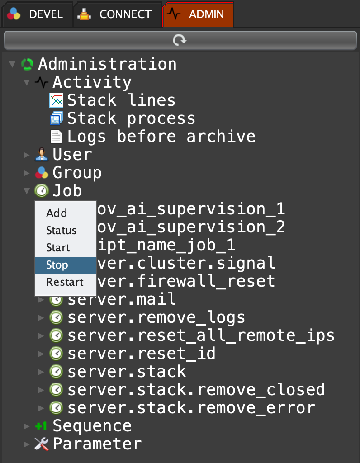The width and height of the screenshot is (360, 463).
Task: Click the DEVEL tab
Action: pyautogui.click(x=36, y=14)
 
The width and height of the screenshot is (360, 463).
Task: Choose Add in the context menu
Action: pyautogui.click(x=57, y=213)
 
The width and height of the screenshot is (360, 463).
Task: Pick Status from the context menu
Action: pyautogui.click(x=61, y=231)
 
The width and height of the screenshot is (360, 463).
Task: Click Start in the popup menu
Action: pyautogui.click(x=58, y=248)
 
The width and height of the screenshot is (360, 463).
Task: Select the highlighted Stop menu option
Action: pyautogui.click(x=57, y=265)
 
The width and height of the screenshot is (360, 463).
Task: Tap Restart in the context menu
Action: pyautogui.click(x=65, y=282)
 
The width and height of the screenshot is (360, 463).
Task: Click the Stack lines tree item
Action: pyautogui.click(x=121, y=100)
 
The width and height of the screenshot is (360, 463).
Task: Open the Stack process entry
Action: pyautogui.click(x=131, y=118)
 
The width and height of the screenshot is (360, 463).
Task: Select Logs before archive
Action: pyautogui.click(x=161, y=137)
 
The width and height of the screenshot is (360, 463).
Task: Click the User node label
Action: pyautogui.click(x=72, y=155)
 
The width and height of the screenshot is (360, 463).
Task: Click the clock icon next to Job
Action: pyautogui.click(x=41, y=191)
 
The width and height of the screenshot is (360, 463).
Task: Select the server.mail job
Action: pyautogui.click(x=122, y=299)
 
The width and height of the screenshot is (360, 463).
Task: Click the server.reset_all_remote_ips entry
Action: pyautogui.click(x=201, y=335)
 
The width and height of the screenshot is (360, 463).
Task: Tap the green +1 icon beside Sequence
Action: pyautogui.click(x=41, y=426)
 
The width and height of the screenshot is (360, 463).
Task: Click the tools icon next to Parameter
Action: pyautogui.click(x=41, y=444)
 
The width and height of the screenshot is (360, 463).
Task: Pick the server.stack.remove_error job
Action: pyautogui.click(x=191, y=408)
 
